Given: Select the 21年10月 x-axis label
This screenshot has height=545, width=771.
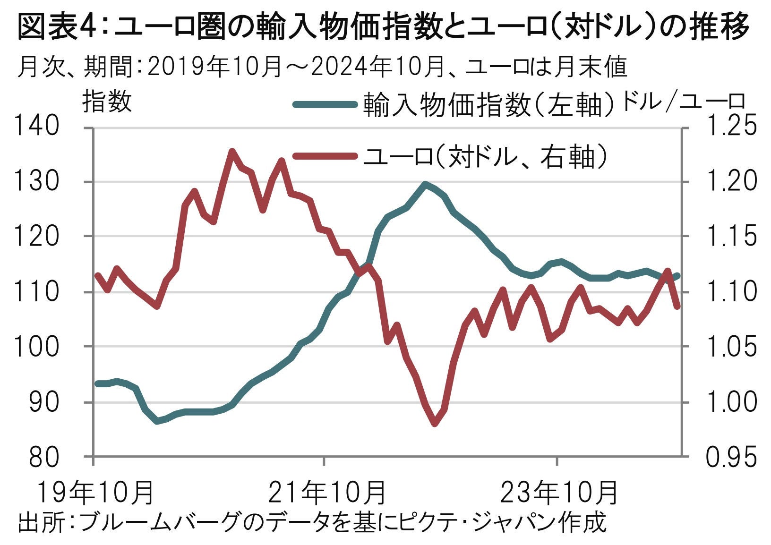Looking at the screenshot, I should (x=327, y=492).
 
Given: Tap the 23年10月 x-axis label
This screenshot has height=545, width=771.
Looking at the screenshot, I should (x=559, y=492).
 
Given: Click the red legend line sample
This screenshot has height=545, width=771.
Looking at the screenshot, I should (x=324, y=156).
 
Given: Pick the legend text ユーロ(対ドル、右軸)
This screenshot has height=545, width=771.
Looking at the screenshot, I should (x=484, y=156).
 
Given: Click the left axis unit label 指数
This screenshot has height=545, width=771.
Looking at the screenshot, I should (x=107, y=102).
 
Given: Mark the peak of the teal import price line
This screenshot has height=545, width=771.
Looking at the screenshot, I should (x=425, y=184).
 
